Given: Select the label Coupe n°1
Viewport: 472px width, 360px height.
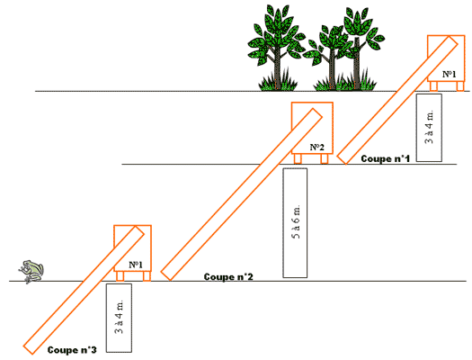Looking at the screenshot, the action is (x=386, y=158).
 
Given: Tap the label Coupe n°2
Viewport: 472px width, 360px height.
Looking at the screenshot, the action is (x=228, y=276).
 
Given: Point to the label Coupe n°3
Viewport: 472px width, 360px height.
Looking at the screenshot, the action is (x=72, y=350).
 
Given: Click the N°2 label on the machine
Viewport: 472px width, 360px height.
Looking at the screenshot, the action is (x=317, y=147).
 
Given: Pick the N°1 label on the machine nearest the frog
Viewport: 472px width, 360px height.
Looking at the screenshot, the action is (x=136, y=265).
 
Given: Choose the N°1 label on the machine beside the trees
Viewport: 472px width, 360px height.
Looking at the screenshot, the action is (x=450, y=74).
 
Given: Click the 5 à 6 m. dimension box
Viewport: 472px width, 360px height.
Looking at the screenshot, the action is (x=295, y=222).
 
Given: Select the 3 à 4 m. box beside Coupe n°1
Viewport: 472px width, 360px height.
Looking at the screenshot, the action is (x=429, y=128).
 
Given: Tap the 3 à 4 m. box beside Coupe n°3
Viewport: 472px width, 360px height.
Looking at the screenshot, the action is (x=119, y=318).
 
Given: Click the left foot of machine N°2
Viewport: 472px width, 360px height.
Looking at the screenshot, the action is (x=298, y=158).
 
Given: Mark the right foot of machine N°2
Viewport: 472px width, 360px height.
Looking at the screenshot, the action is (x=325, y=158).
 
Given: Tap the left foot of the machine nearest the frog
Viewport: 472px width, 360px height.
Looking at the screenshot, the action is (x=120, y=276).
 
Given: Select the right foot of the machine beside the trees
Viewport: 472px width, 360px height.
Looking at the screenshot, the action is (x=460, y=86).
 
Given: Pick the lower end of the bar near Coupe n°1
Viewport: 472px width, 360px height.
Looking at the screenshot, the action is (x=342, y=159).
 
